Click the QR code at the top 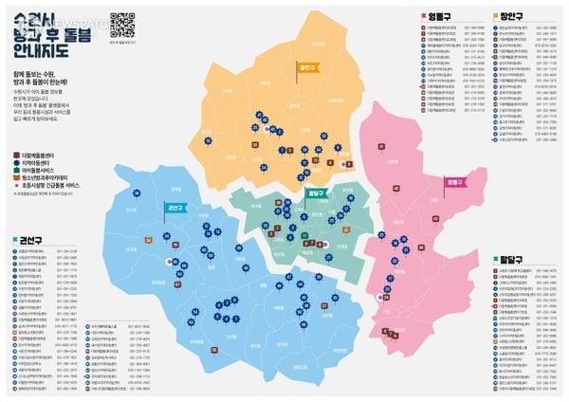tap(121, 22)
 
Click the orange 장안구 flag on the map tap(305, 68)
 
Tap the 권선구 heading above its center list tap(26, 241)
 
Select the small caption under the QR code tap(121, 44)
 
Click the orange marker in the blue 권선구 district tap(149, 241)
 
